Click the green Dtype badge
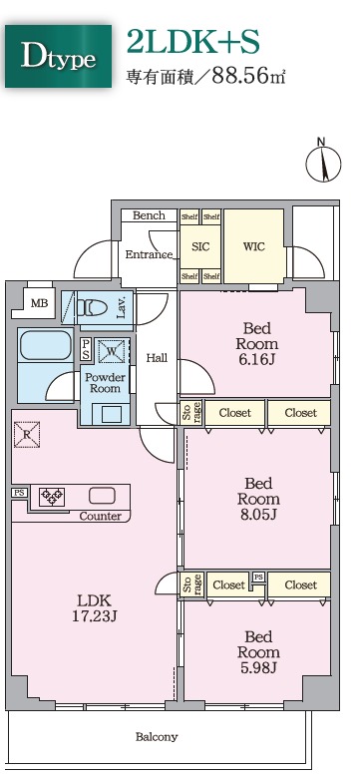59,57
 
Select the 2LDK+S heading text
193,42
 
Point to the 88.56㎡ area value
248,76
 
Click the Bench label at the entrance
149,215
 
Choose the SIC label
200,246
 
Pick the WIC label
254,246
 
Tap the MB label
40,303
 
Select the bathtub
45,345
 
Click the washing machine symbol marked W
113,351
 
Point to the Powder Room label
105,382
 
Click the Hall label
157,358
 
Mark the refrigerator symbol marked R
27,434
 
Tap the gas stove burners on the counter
52,497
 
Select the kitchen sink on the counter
102,496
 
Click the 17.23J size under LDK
95,616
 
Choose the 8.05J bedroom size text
259,515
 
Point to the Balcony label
157,737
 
